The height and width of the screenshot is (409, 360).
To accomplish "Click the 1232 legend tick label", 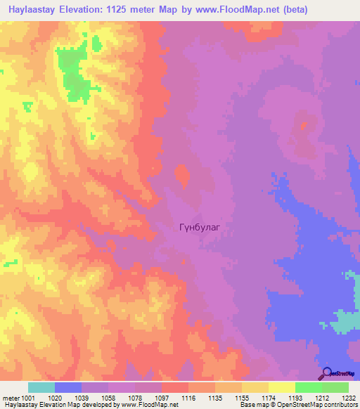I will coord(349,397).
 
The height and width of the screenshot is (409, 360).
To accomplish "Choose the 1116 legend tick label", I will coord(188,397).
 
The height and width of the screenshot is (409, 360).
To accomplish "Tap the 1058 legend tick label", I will coord(108,397).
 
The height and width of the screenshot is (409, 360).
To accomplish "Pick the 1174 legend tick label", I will coord(269,397).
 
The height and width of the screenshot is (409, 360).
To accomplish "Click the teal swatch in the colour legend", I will coord(41,387).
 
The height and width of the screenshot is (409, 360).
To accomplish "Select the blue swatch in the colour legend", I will coord(68,387).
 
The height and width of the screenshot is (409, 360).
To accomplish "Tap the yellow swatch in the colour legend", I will coord(281,387).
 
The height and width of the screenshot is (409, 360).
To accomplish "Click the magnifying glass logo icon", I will coord(326,374).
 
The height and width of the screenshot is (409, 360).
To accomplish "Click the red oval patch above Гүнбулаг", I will coord(182,176).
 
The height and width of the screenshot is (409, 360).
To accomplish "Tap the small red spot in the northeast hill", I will coord(304,126).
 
